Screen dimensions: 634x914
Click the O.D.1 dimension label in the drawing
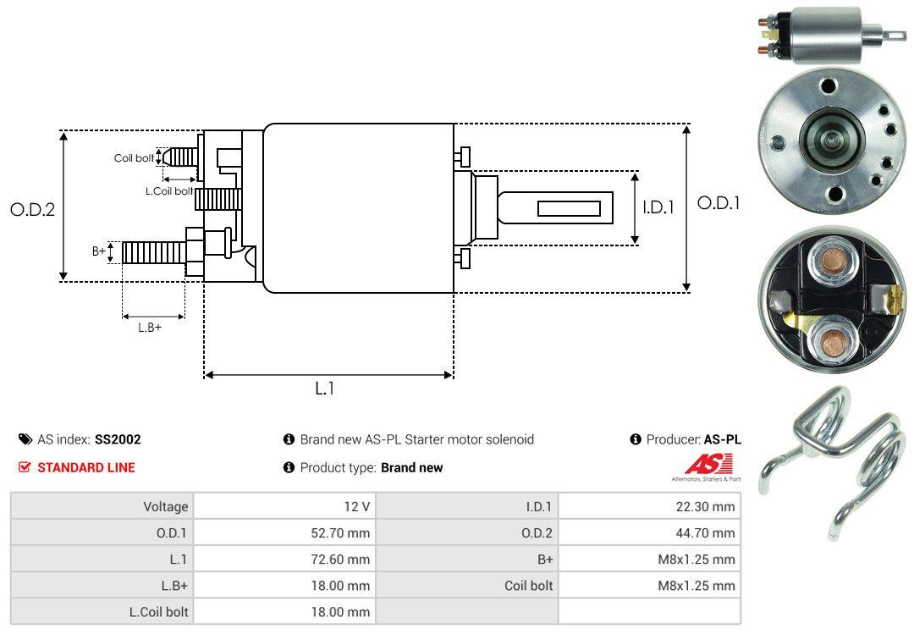click(x=719, y=203)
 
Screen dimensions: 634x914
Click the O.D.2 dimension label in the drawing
click(x=32, y=209)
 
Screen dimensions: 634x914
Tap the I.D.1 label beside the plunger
click(x=658, y=206)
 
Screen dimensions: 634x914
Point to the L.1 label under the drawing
click(x=326, y=389)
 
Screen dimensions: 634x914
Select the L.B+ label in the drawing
click(x=150, y=328)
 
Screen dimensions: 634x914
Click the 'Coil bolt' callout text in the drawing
click(x=134, y=158)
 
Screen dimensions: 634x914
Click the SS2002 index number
click(x=118, y=439)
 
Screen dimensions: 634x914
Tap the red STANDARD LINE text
click(x=85, y=467)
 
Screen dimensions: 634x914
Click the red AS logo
click(x=704, y=464)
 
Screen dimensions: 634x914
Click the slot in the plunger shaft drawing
click(x=569, y=208)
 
